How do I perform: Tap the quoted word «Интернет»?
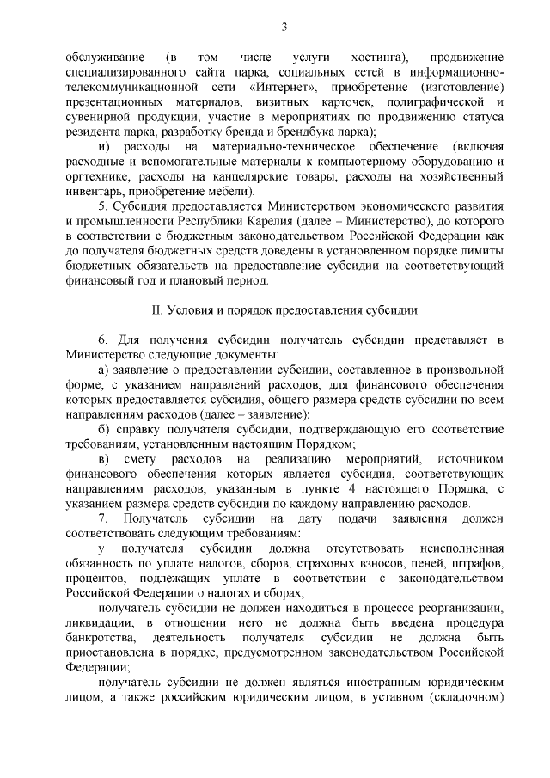pyautogui.click(x=285, y=88)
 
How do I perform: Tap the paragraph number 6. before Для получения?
pyautogui.click(x=104, y=341)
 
